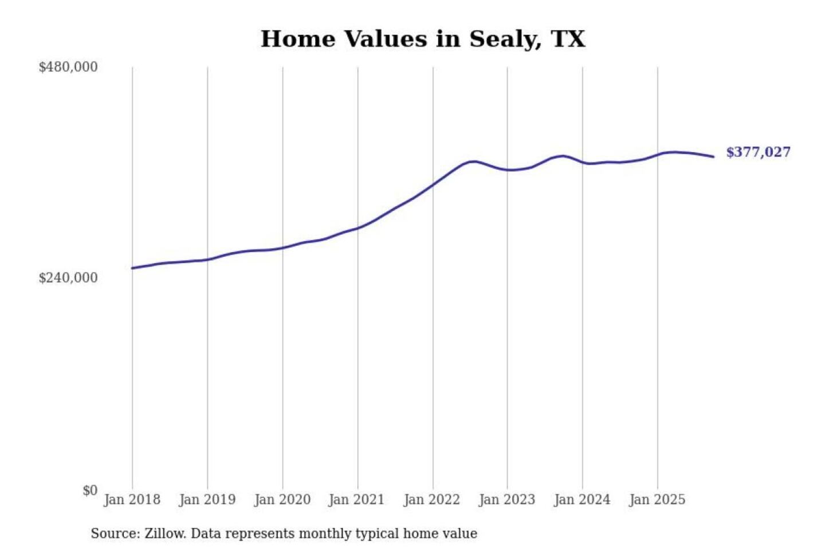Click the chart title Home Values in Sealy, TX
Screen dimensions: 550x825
point(423,39)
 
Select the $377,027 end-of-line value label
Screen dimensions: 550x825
point(758,152)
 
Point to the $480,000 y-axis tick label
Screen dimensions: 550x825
point(68,67)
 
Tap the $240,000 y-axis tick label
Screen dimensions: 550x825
point(68,278)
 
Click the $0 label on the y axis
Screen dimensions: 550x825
point(90,490)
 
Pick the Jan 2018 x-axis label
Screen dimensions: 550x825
point(132,500)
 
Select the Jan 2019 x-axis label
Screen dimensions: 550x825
point(207,500)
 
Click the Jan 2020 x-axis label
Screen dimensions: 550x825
point(282,500)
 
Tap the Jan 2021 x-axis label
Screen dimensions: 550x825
point(356,500)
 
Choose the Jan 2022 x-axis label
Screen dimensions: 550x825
point(431,500)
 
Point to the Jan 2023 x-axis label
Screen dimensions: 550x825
point(506,500)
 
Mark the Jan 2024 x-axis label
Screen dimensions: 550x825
point(582,500)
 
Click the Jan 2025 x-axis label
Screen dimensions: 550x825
point(657,500)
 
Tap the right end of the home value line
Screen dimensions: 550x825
point(713,156)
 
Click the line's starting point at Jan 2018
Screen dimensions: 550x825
point(132,268)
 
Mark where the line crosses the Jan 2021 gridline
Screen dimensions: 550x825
point(358,228)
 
